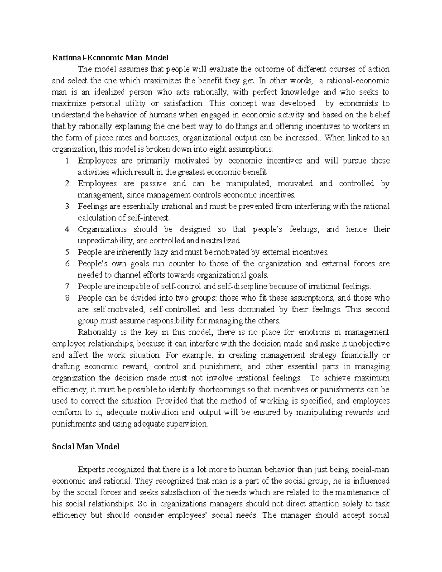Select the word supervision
188,424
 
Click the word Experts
91,470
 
